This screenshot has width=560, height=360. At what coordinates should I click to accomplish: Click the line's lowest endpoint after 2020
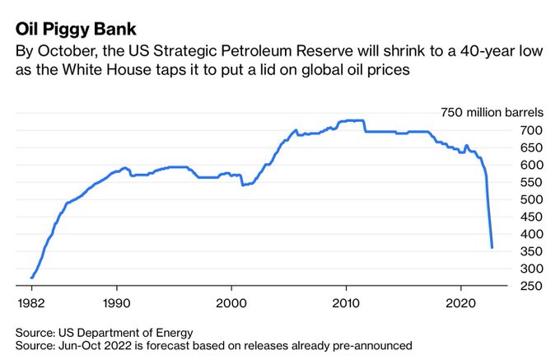coord(492,247)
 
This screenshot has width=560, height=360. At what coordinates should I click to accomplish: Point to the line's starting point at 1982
coord(31,278)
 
